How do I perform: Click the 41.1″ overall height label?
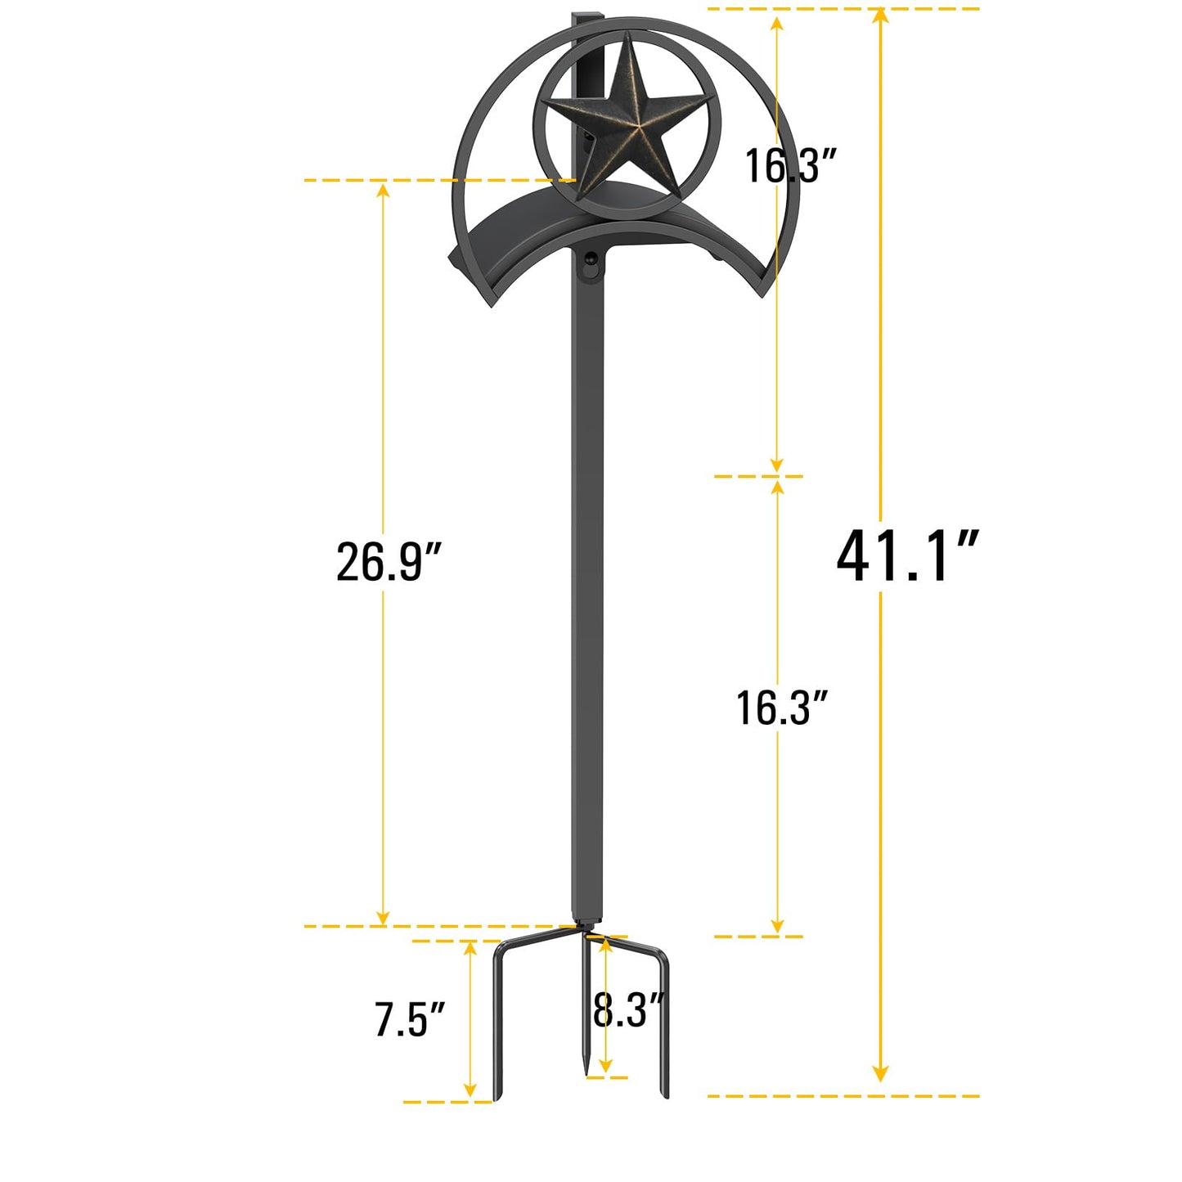coord(906,556)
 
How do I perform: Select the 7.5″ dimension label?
coord(410,1019)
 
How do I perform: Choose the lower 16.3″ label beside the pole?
coord(783,708)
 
